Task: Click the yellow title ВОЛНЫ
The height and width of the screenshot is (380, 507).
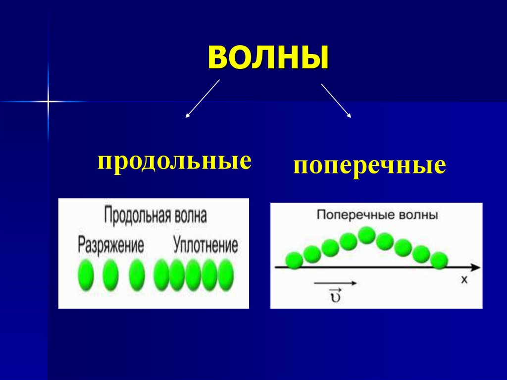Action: (x=268, y=57)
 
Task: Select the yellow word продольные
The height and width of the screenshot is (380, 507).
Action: (x=174, y=162)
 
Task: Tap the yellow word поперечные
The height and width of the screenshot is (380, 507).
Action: (x=369, y=166)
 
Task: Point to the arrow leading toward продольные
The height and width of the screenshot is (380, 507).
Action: (x=202, y=99)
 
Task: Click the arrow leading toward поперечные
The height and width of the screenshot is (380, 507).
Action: (x=336, y=101)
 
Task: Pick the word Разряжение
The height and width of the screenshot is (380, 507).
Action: (x=111, y=244)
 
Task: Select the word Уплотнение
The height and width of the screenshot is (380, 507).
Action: (x=205, y=244)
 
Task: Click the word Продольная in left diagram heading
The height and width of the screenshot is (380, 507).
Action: (x=138, y=217)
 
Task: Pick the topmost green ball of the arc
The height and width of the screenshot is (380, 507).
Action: (x=366, y=235)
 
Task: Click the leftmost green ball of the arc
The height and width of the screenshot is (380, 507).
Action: (x=294, y=260)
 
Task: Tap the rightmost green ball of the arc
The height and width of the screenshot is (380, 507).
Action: (x=439, y=260)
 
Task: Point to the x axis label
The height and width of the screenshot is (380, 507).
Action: (x=464, y=280)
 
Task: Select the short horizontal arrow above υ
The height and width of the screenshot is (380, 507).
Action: (x=335, y=283)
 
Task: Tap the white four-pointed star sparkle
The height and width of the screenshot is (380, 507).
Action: (x=48, y=102)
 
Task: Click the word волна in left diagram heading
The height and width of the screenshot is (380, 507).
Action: (x=191, y=217)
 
